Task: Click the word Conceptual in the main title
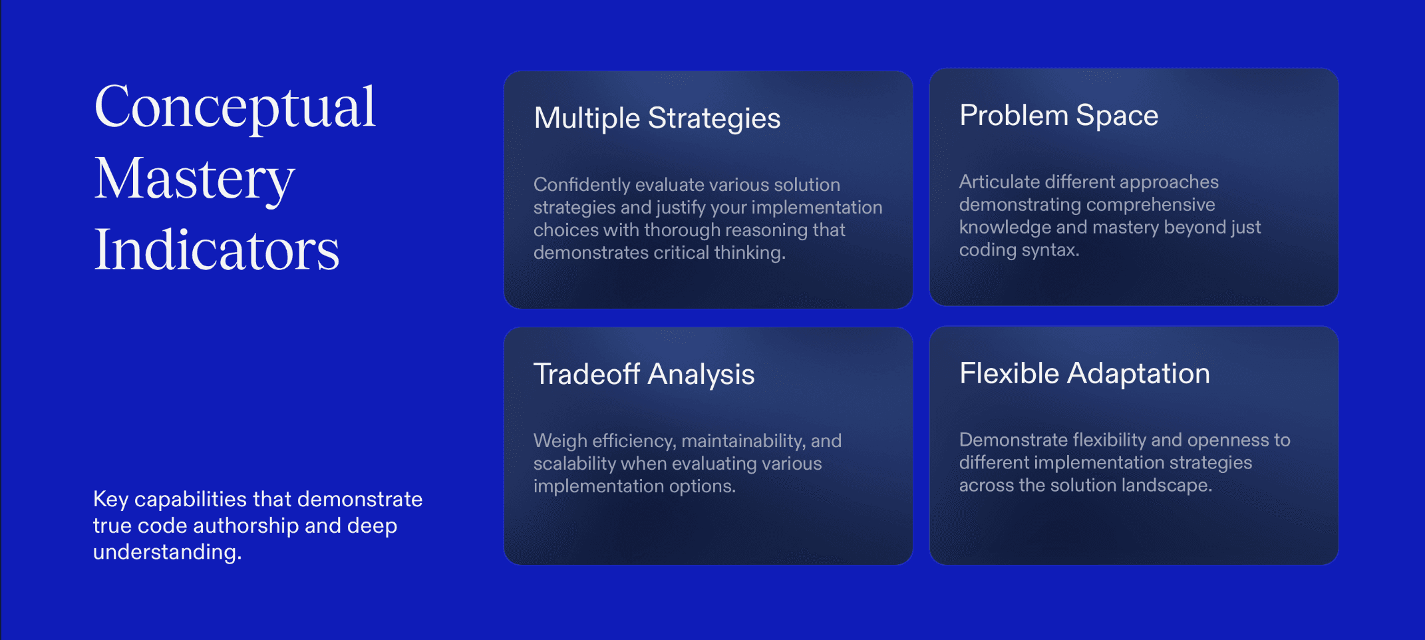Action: pos(236,108)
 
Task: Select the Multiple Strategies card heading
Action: pos(657,118)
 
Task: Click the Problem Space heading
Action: pos(1059,116)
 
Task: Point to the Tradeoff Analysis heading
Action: pos(644,374)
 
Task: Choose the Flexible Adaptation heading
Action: pos(1084,373)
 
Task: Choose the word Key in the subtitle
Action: pos(110,499)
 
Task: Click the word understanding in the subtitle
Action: pos(167,552)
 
